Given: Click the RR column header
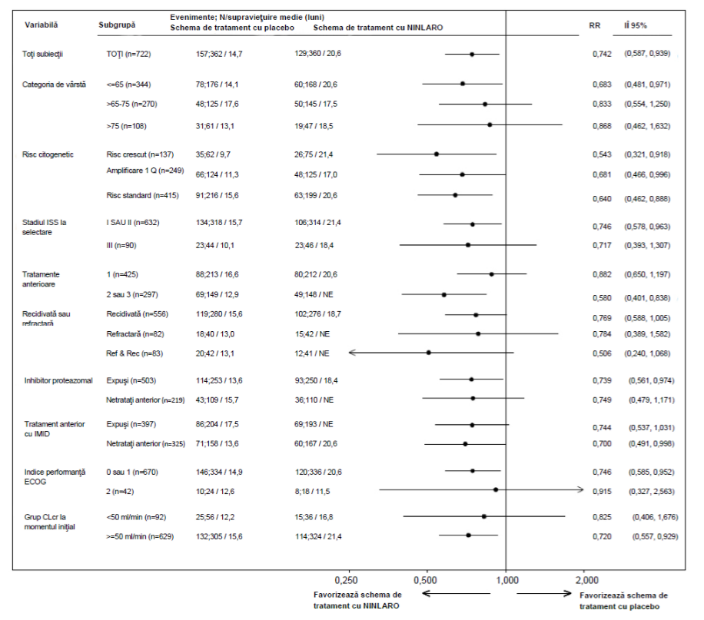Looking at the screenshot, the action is [594, 25].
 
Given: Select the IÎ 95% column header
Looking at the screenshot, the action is [636, 25].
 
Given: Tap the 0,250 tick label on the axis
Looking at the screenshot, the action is [346, 581].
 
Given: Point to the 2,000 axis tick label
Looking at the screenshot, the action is [587, 581].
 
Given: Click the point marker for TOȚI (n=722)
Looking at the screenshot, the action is [472, 55].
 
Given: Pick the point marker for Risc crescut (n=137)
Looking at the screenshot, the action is [437, 154].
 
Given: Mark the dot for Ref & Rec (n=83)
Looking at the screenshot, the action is [428, 353].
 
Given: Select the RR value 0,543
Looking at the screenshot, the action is [602, 154].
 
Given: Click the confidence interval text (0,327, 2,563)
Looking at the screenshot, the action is [652, 492].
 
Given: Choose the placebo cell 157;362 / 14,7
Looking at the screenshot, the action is [219, 54].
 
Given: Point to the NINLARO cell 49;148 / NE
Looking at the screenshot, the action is [314, 295].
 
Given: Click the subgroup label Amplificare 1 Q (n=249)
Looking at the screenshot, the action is [145, 171].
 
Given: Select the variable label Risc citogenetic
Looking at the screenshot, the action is [48, 154].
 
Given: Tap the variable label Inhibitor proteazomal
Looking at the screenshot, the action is [58, 381].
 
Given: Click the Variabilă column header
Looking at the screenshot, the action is [42, 25].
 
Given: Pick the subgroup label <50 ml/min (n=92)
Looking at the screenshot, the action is [136, 517].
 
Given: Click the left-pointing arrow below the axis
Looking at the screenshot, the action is [457, 594].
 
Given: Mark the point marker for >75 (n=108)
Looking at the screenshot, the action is [490, 124].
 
